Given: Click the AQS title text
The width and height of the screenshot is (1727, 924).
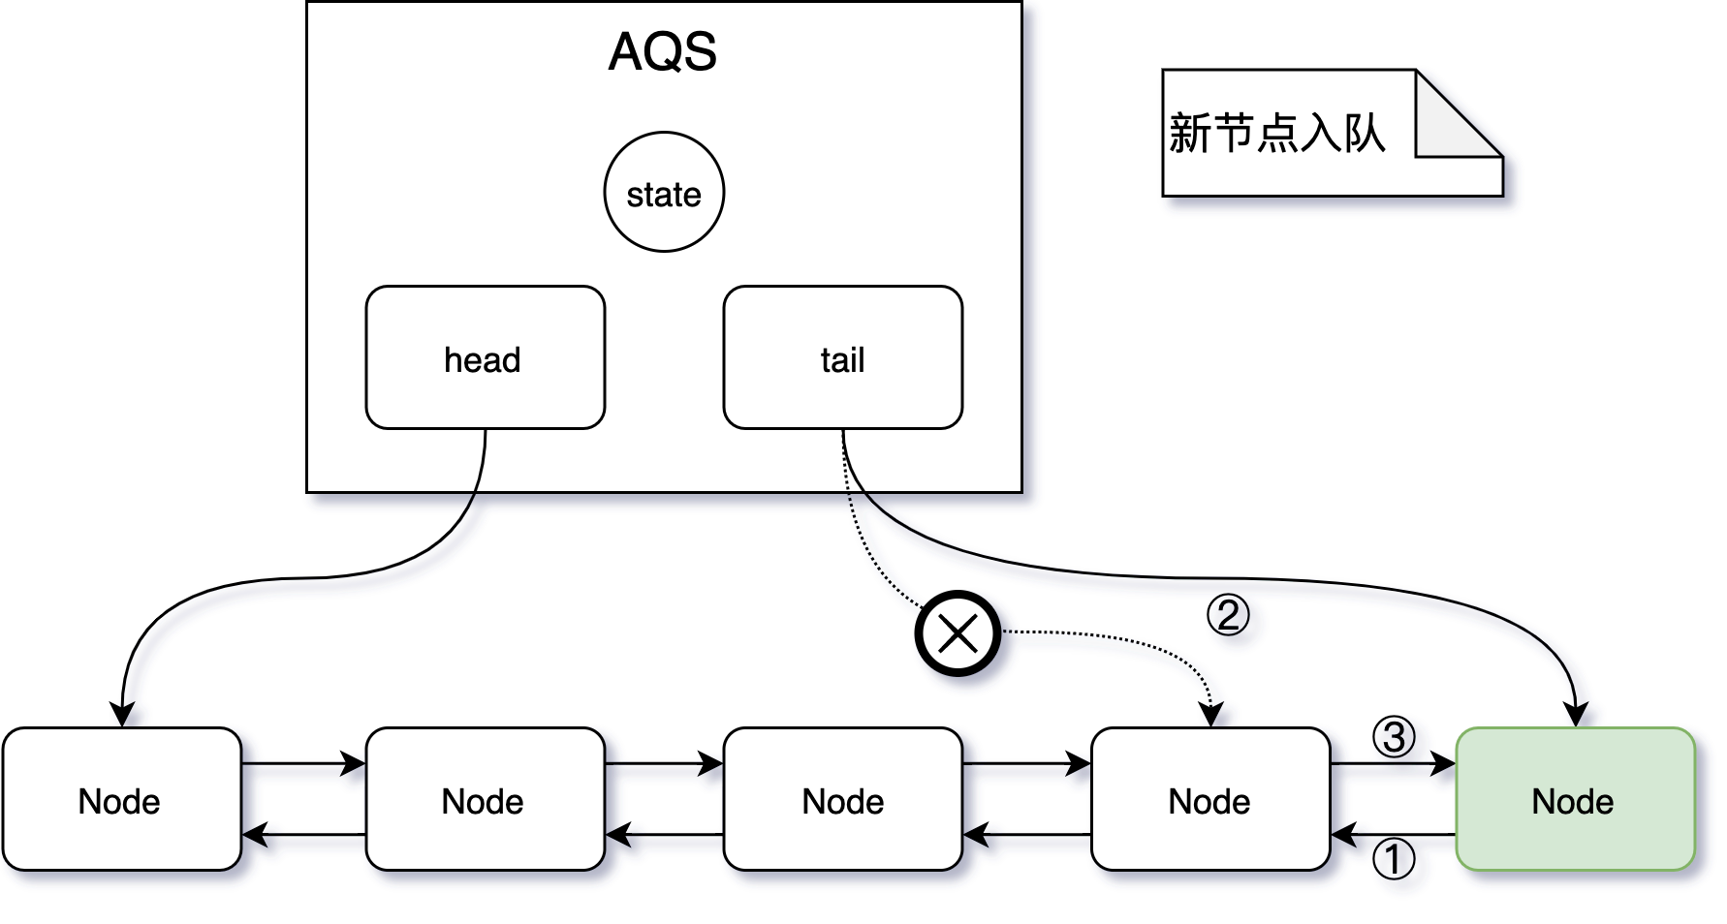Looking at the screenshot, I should pos(663,52).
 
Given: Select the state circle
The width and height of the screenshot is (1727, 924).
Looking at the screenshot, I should pos(664,193).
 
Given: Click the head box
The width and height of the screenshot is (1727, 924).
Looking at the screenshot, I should pos(485,357).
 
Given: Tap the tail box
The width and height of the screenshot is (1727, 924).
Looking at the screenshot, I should pos(842,357).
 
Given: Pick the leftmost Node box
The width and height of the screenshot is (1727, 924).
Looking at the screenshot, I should pos(121,799).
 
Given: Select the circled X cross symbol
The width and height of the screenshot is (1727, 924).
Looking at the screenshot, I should pos(958,634).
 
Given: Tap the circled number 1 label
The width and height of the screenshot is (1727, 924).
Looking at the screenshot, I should pos(1394,859).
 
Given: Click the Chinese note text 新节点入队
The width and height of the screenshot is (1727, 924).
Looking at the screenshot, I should pos(1276,134).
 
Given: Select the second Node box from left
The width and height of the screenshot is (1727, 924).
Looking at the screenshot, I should pos(485,799).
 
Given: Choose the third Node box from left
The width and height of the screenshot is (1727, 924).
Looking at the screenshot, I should pos(842,799).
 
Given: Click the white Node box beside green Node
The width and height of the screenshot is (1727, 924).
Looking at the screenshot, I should pos(1209,799).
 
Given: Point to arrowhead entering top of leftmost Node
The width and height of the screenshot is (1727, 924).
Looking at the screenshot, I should pos(121,715).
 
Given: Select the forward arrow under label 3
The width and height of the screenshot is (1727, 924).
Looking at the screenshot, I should pos(1394,764).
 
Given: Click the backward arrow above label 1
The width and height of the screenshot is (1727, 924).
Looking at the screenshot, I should pos(1394,834).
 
